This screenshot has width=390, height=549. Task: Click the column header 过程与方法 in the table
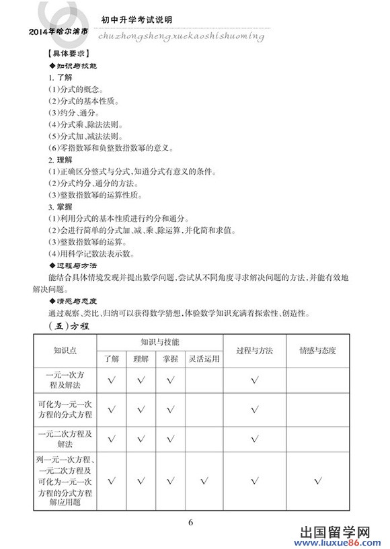[255, 351]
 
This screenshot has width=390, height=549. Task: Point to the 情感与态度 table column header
[317, 351]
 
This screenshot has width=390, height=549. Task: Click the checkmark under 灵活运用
[204, 480]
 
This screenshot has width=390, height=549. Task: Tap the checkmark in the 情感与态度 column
[317, 480]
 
